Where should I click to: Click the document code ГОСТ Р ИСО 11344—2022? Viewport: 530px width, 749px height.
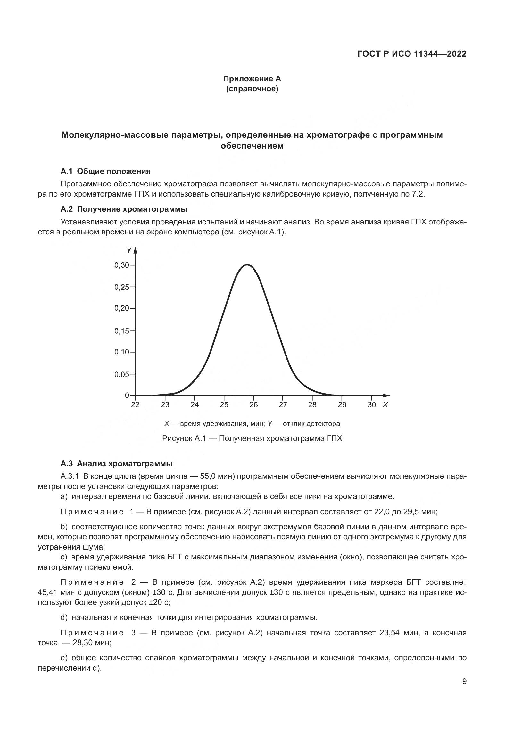(x=412, y=54)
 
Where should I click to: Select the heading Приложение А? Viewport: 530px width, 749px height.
(x=252, y=79)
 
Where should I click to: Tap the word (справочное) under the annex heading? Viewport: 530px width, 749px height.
(x=252, y=89)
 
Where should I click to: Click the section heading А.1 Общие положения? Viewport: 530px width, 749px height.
(x=105, y=171)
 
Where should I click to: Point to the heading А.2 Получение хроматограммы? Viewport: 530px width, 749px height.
(x=124, y=209)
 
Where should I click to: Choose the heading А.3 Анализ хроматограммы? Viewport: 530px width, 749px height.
(x=117, y=464)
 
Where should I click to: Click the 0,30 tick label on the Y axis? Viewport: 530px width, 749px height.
(x=121, y=265)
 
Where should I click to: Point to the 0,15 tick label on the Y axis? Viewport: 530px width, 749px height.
(x=121, y=331)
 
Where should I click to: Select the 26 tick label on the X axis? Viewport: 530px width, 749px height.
(x=253, y=405)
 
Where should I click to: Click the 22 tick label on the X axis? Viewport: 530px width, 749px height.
(x=135, y=405)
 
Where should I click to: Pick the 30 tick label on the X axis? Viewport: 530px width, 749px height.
(x=371, y=405)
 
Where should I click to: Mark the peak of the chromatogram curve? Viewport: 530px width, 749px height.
(x=247, y=265)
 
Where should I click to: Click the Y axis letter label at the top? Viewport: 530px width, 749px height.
(x=128, y=250)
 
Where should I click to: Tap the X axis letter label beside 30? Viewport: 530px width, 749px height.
(x=385, y=405)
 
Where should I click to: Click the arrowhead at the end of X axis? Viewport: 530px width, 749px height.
(x=387, y=396)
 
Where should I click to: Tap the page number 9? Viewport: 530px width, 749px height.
(x=464, y=681)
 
